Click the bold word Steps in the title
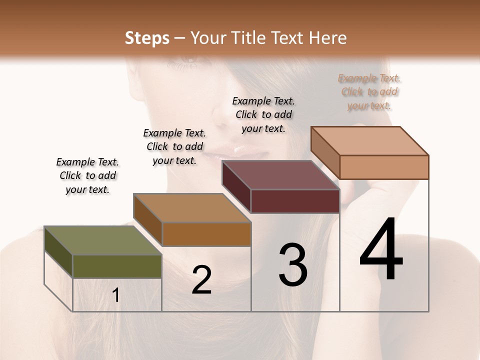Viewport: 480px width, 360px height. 147,38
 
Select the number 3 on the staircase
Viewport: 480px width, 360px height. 293,265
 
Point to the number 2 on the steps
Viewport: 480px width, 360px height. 201,280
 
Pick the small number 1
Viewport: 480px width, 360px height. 116,295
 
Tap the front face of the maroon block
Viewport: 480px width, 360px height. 294,201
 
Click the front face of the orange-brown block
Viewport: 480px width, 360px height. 206,234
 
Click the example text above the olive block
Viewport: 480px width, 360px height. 87,175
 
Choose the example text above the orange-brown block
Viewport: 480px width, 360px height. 174,146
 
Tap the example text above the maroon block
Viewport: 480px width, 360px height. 263,114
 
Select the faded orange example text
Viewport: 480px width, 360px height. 369,92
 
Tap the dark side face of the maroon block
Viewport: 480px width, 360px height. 236,186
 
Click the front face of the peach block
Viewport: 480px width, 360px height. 383,167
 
